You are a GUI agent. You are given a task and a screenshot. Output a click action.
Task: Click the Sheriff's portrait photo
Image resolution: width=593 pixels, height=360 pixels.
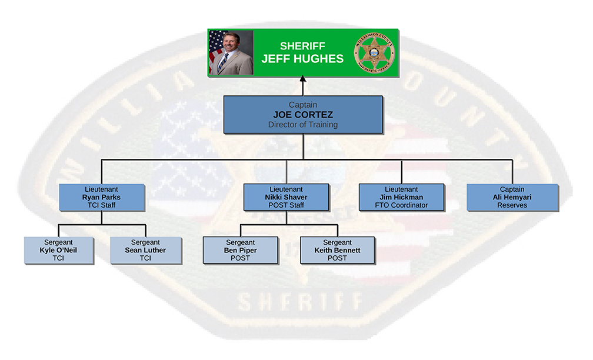click(231, 52)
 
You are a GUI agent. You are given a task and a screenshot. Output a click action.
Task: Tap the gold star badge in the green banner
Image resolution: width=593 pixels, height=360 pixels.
click(374, 52)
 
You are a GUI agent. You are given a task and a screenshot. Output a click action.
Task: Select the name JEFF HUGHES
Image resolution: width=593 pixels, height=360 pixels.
click(302, 59)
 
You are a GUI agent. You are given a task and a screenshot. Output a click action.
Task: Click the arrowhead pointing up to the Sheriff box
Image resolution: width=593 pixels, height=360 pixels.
click(302, 79)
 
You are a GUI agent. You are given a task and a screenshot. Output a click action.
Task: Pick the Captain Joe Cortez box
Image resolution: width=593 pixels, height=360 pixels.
click(303, 115)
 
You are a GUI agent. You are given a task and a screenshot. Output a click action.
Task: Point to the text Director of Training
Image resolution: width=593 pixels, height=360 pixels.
click(303, 125)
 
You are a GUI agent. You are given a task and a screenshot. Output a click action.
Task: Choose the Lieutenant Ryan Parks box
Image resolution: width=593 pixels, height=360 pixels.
click(101, 197)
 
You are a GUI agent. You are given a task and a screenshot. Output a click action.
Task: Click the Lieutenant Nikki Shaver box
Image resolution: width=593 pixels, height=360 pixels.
click(286, 197)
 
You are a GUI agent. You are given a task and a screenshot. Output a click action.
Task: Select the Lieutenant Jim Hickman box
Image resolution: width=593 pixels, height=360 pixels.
click(401, 197)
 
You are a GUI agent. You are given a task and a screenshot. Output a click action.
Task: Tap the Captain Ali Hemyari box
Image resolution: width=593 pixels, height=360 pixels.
click(512, 197)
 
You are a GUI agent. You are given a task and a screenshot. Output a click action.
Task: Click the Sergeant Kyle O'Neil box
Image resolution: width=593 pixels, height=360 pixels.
click(58, 250)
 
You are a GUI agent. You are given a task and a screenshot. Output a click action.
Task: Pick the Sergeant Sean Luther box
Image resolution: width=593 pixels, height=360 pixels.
click(146, 250)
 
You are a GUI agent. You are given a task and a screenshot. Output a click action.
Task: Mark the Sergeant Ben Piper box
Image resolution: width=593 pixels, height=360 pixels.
click(240, 250)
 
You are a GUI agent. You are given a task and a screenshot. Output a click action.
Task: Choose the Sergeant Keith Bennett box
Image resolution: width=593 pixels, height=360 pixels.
click(337, 250)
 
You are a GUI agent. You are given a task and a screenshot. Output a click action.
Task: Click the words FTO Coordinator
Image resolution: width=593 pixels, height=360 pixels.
click(401, 205)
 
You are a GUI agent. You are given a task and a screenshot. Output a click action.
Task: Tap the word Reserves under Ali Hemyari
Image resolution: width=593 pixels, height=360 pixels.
click(512, 205)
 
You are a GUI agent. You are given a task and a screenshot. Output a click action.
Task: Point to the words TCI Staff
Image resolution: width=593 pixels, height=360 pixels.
click(101, 205)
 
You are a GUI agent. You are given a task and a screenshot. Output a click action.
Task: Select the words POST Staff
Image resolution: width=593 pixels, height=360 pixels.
click(286, 205)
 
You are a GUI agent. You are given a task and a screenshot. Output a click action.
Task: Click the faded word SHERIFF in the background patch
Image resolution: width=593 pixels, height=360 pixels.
click(301, 302)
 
